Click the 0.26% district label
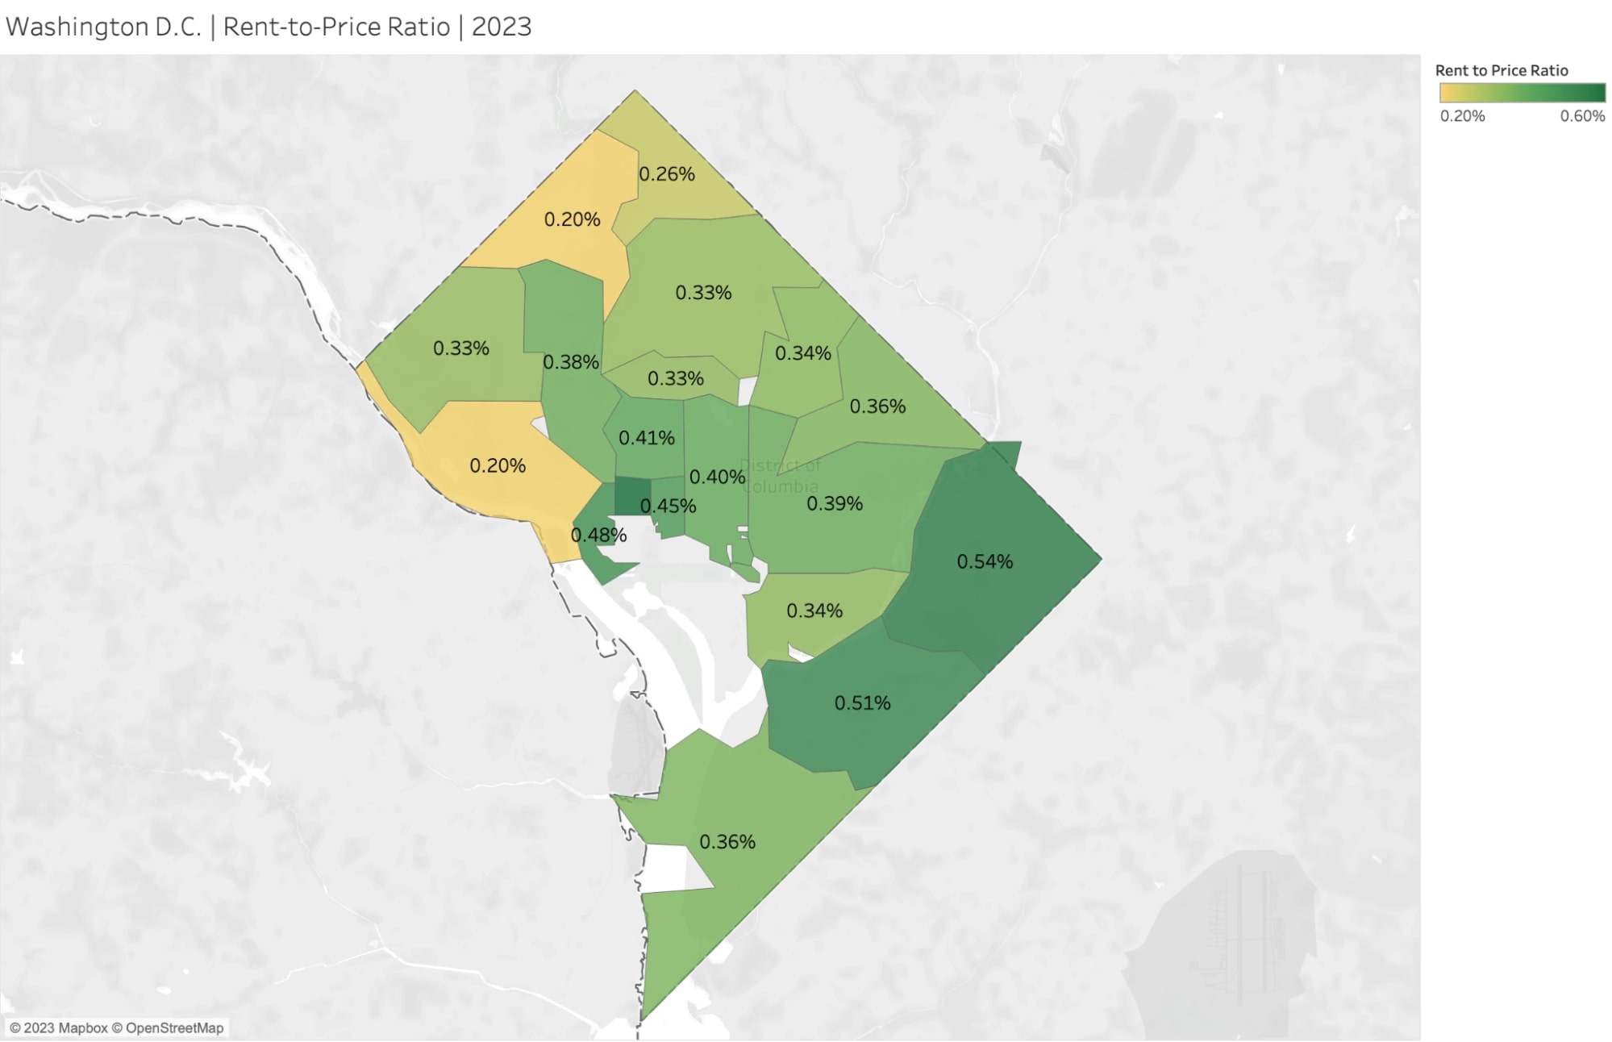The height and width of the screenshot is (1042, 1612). pos(667,174)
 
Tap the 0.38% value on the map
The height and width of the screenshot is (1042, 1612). pos(571,362)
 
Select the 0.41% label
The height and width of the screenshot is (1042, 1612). pos(647,438)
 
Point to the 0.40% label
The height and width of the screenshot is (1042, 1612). pos(718,477)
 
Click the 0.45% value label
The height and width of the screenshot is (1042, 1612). pos(669,506)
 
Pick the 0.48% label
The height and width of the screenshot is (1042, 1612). pos(598,535)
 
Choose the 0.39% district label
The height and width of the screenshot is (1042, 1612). pos(835,503)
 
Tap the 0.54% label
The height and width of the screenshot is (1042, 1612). pos(985,561)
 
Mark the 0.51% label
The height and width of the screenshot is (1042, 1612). pos(862,703)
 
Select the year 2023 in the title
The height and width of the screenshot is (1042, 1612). pos(502,27)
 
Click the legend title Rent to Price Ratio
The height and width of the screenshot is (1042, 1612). pos(1502,70)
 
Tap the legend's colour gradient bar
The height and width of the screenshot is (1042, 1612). pos(1522,93)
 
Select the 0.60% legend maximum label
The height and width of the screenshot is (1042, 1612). pos(1582,116)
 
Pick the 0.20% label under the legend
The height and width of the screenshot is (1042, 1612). pos(1462,116)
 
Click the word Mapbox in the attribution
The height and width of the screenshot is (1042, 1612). pos(83,1028)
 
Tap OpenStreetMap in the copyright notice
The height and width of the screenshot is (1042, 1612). pos(174,1028)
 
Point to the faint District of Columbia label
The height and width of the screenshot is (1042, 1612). pos(781,476)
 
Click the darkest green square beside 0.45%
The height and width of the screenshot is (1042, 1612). pos(633,496)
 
